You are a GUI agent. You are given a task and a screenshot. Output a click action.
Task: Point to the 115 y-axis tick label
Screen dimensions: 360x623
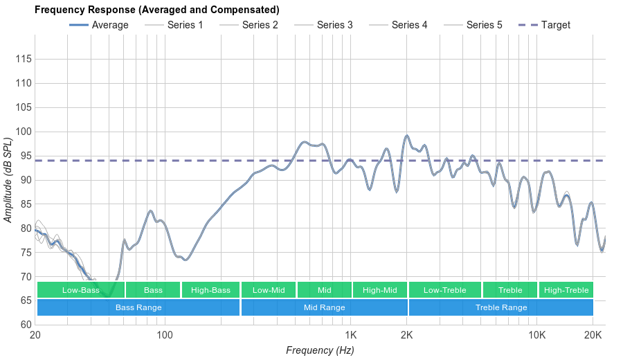23,60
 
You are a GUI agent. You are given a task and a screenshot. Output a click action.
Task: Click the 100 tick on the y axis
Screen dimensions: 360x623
23,132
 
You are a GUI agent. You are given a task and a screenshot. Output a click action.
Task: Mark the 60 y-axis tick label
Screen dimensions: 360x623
26,325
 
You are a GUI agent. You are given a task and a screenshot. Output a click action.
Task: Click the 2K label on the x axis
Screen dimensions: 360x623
407,335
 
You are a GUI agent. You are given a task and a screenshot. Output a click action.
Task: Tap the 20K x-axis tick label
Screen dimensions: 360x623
593,335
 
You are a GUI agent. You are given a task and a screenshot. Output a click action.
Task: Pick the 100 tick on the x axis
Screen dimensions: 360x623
165,335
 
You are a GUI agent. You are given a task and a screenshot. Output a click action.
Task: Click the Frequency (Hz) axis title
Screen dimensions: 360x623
320,350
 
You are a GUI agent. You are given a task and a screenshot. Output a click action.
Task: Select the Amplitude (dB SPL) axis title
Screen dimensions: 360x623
8,180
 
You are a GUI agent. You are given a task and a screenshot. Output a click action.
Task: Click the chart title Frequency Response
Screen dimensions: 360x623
157,10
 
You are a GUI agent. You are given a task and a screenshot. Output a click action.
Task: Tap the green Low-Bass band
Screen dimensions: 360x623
81,290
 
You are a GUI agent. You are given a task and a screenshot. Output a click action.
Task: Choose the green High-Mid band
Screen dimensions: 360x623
380,290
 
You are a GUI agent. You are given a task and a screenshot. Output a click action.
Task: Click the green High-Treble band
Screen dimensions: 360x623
566,290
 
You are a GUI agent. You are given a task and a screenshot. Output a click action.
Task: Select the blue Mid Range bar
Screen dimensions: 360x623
324,307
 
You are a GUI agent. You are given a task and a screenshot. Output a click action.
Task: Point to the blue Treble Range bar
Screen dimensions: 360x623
501,307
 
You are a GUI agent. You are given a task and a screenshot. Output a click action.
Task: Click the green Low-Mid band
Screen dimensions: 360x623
269,290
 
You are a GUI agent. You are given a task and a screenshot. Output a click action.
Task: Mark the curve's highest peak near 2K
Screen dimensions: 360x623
407,136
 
